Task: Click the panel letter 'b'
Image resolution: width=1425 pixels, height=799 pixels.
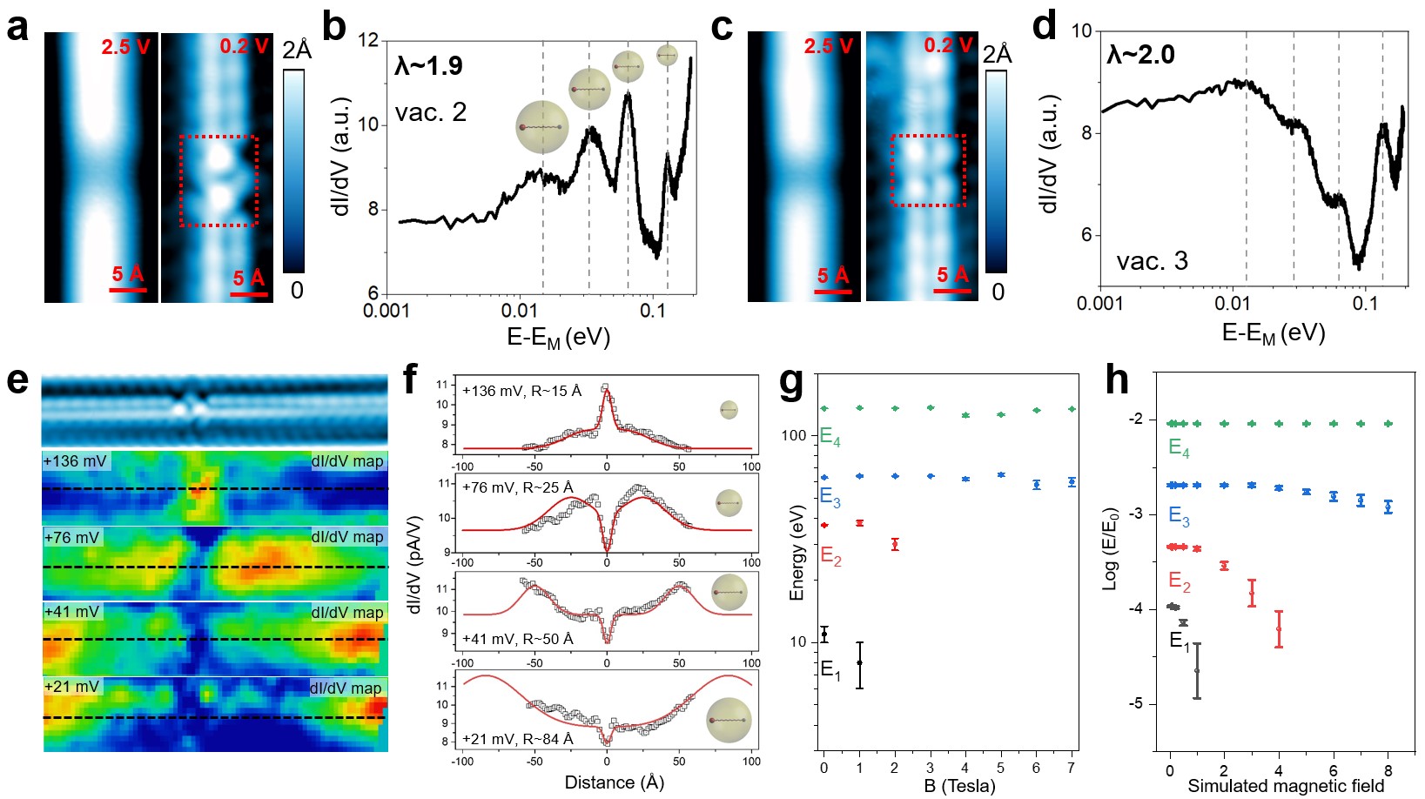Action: click(334, 26)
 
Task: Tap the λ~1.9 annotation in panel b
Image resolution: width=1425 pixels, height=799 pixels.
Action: click(428, 66)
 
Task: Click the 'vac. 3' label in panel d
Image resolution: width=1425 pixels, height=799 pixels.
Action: click(1152, 261)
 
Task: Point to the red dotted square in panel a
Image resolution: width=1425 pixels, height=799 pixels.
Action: click(218, 180)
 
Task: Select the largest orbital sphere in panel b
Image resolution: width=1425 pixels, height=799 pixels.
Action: click(541, 127)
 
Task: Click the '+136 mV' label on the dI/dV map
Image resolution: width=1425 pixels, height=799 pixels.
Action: click(76, 461)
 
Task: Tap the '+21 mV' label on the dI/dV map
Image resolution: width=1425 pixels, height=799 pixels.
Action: click(72, 687)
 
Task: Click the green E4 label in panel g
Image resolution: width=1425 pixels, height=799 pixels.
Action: click(830, 437)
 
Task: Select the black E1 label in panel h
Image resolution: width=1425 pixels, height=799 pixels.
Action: click(1180, 642)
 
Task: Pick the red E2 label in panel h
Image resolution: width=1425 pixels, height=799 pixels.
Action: click(1180, 581)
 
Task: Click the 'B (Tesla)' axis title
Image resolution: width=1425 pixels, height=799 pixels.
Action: click(959, 786)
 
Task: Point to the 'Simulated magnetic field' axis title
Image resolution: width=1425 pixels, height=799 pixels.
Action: click(1286, 786)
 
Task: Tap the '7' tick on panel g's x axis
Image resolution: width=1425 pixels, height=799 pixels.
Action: click(1071, 768)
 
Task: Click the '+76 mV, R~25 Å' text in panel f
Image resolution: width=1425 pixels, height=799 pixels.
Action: click(518, 487)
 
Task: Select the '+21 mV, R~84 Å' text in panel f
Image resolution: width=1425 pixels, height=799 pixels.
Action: click(518, 739)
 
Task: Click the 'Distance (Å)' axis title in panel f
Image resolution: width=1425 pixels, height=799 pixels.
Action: click(615, 782)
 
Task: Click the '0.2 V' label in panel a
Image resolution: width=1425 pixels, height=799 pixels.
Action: click(244, 46)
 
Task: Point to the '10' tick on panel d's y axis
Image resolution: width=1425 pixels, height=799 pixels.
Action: click(1081, 31)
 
